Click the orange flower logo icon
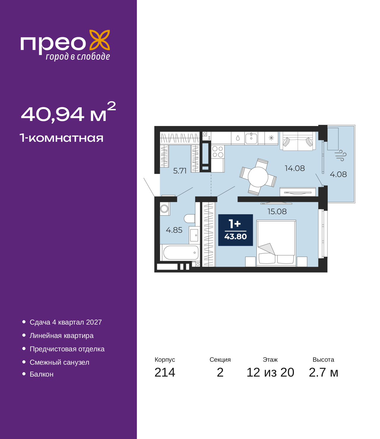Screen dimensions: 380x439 tap(99, 40)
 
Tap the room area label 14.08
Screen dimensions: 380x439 tap(294, 169)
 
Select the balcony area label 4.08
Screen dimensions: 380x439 tap(338, 174)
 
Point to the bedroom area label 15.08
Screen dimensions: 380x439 tap(277, 212)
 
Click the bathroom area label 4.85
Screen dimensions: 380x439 tap(174, 230)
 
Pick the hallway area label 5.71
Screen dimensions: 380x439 tap(180, 171)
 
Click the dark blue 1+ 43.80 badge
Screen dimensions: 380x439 tap(235, 230)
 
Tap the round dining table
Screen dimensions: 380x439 tap(258, 177)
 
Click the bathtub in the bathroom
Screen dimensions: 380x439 tap(180, 253)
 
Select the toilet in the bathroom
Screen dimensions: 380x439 tap(189, 218)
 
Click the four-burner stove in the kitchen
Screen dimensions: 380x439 tap(218, 152)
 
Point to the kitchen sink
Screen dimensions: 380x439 tap(251, 138)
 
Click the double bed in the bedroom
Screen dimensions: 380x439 tap(276, 243)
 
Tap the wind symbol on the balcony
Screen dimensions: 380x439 tap(341, 155)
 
